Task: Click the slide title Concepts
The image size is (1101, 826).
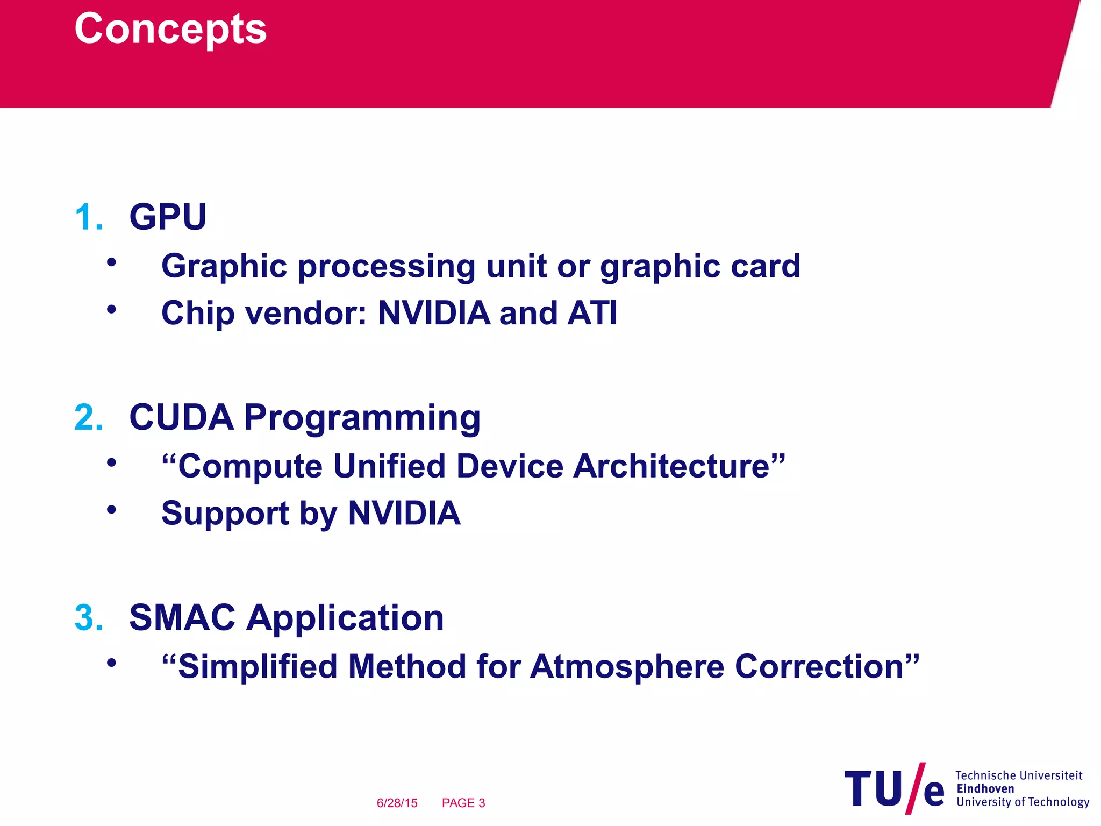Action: tap(170, 29)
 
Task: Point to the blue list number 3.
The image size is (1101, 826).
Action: tap(88, 618)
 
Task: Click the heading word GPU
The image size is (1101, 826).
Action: tap(168, 217)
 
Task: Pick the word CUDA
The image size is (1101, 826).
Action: tap(182, 417)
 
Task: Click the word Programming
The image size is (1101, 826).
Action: tap(362, 418)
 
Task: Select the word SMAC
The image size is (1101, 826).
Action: tap(182, 617)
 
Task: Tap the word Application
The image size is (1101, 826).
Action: tap(345, 618)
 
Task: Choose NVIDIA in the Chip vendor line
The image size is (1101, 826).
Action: tap(434, 313)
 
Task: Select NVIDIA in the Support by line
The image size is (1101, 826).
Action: tap(404, 513)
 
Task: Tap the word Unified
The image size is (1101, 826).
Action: tap(389, 466)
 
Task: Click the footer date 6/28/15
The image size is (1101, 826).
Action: tap(397, 803)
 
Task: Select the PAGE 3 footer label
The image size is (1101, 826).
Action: tap(463, 803)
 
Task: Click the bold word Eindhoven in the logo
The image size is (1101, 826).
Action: tap(985, 789)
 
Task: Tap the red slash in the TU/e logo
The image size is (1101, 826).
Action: tap(915, 788)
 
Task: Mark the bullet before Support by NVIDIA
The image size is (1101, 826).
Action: tap(111, 509)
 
